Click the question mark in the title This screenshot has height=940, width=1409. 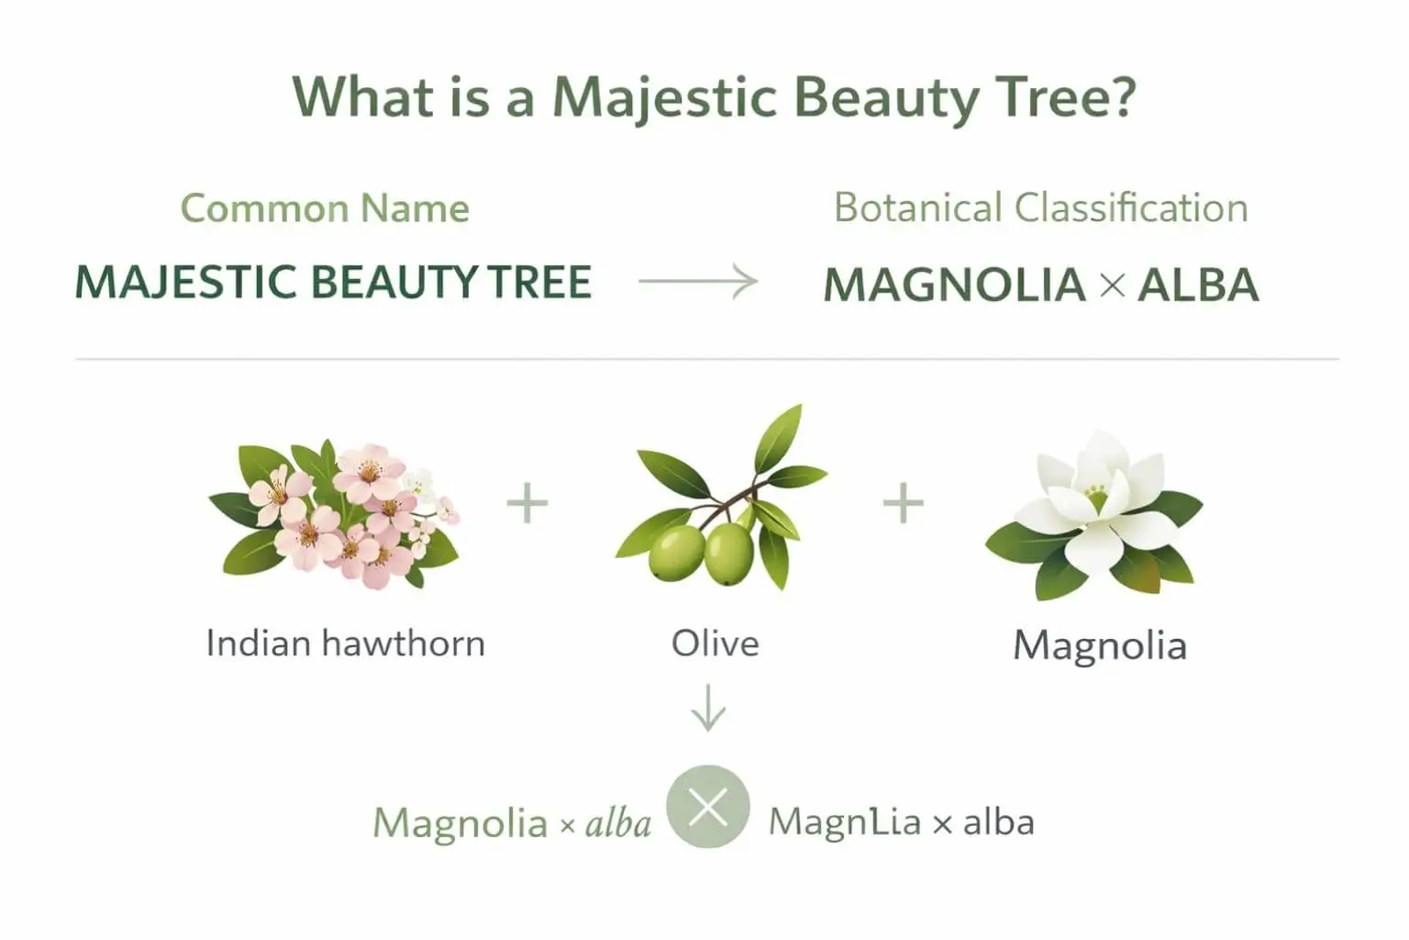point(1118,95)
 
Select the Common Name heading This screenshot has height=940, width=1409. point(325,208)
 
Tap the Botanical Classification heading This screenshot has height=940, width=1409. point(1040,207)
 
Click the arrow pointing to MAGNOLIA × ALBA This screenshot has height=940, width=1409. point(698,282)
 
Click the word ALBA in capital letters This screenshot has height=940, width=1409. point(1198,285)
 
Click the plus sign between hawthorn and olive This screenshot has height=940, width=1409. point(527,503)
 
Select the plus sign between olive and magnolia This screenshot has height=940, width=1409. point(903,503)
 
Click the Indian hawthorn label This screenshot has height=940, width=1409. point(345,643)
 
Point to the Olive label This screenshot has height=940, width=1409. point(715,643)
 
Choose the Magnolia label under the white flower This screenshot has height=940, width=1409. point(1099,644)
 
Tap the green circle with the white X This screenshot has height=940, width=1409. point(707,807)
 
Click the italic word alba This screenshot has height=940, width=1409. point(618,822)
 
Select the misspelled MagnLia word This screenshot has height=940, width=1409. point(844,822)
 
